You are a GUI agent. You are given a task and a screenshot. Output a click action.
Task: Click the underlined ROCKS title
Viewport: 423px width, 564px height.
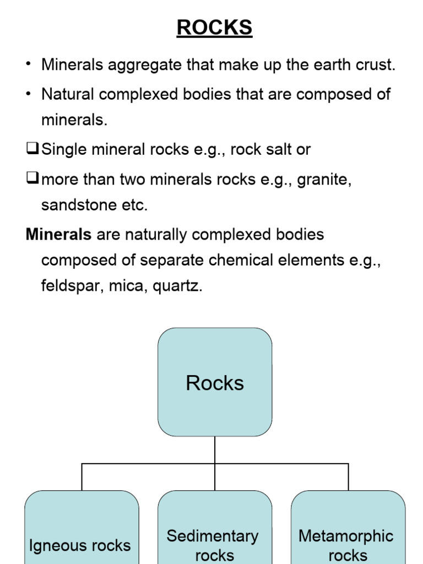click(x=214, y=28)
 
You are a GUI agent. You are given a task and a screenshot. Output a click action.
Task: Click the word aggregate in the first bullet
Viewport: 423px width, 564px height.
click(x=145, y=65)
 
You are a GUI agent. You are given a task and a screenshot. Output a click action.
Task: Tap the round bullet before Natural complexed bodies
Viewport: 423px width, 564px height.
click(x=28, y=94)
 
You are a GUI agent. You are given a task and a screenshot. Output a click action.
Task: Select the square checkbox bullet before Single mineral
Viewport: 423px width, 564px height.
click(x=32, y=149)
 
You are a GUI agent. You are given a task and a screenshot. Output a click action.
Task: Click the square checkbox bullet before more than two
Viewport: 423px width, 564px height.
click(x=32, y=178)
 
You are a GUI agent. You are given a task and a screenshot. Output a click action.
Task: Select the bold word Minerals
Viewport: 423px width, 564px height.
click(x=58, y=235)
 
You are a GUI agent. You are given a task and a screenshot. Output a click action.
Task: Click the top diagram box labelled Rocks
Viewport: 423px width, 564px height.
click(x=215, y=382)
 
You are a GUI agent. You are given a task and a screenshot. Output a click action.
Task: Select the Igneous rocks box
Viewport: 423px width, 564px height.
click(x=82, y=529)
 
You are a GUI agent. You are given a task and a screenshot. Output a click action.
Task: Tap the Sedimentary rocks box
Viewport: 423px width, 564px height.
click(x=215, y=529)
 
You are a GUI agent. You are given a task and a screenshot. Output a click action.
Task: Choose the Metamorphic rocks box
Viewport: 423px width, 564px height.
click(x=348, y=529)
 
